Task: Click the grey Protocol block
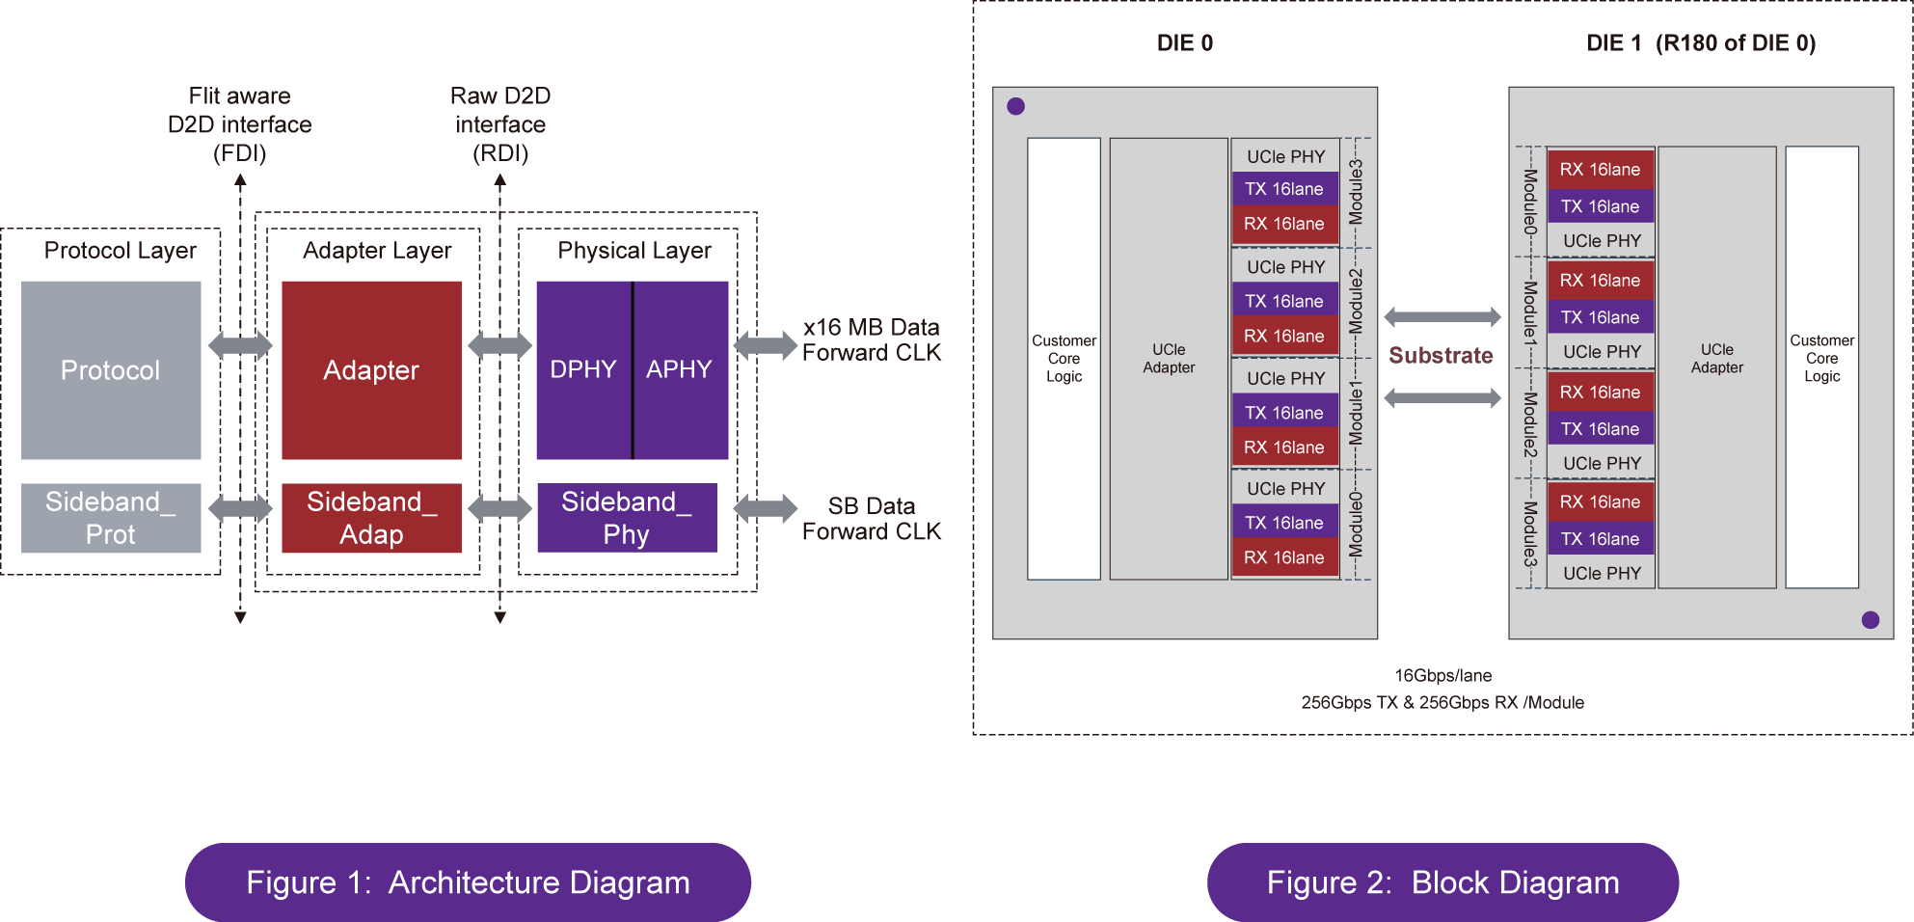tap(111, 370)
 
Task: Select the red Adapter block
tap(371, 370)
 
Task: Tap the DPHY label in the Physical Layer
tap(582, 369)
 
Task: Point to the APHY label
tap(679, 369)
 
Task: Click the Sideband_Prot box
tap(111, 518)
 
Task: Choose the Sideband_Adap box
tap(371, 518)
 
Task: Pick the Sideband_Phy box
tap(627, 518)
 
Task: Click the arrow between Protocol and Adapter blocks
tap(241, 345)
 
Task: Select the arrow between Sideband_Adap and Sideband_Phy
tap(499, 508)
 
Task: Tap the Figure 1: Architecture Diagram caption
tap(468, 882)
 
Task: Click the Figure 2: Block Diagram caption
tap(1442, 882)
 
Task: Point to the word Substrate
tap(1441, 356)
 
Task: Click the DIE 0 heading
tap(1185, 43)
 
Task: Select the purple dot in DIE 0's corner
tap(1015, 106)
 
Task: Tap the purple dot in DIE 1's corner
tap(1871, 620)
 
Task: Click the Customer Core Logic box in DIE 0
tap(1064, 359)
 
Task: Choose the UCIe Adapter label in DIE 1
tap(1716, 359)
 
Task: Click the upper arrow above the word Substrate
tap(1442, 317)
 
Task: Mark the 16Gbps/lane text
tap(1442, 676)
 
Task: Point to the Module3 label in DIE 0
tap(1357, 192)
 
